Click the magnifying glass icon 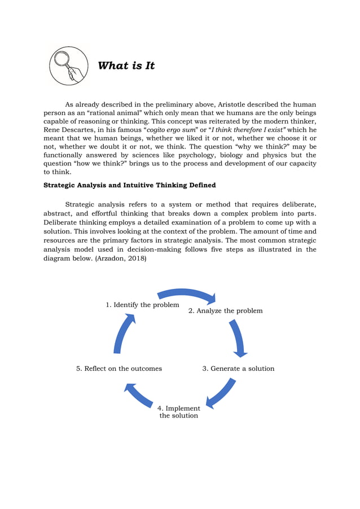69,65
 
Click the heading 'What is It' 126,65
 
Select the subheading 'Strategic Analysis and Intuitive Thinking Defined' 129,185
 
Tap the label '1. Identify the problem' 142,305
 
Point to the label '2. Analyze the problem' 225,310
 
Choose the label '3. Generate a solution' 238,368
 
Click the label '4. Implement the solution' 178,412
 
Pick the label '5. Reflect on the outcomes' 119,368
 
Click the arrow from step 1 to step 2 187,295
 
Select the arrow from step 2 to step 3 238,338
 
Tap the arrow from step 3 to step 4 221,393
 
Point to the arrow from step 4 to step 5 138,394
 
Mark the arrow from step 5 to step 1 124,333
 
